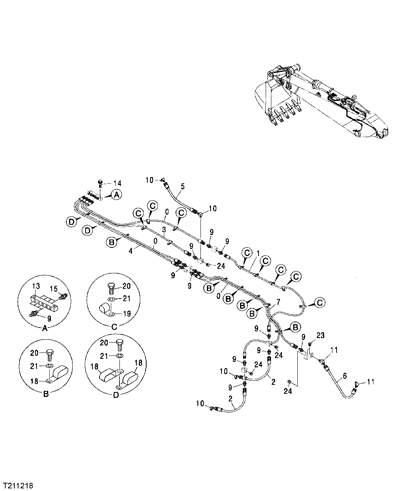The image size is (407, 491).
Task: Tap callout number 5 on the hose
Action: click(182, 186)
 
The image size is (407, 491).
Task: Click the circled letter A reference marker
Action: click(116, 195)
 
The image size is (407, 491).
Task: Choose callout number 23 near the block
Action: click(320, 335)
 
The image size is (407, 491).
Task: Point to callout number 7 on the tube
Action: click(278, 302)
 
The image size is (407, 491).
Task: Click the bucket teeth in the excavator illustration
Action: click(286, 113)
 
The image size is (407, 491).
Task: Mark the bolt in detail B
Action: click(50, 354)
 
